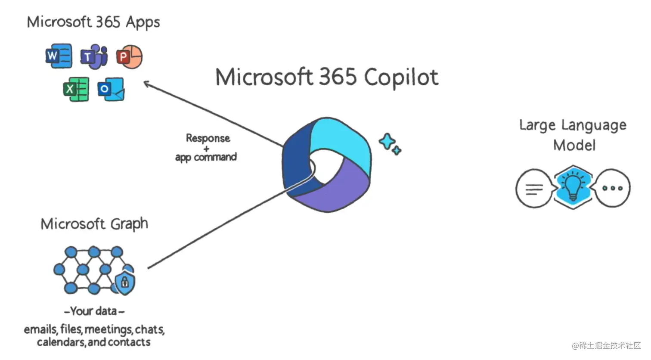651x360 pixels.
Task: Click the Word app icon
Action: coord(59,56)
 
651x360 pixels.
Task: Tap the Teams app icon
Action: coord(94,56)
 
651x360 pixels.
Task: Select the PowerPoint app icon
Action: coord(129,56)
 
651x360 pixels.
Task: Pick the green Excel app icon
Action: coord(76,89)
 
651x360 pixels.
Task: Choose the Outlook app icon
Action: coord(111,89)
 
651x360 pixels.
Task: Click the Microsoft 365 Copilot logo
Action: coord(326,164)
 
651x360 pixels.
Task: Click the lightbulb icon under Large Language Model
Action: coord(573,186)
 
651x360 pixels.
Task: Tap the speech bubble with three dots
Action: coord(612,188)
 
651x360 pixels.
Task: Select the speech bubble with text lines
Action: coord(534,188)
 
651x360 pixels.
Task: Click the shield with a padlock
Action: coord(125,282)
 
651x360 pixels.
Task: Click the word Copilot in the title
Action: coord(401,78)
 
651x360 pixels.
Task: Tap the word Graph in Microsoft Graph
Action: coord(129,224)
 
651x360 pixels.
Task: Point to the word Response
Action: coord(208,138)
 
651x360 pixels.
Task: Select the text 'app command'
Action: coord(206,157)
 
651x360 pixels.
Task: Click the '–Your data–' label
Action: coord(94,311)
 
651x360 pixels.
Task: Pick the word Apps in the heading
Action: coord(143,22)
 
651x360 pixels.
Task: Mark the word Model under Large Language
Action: coord(574,145)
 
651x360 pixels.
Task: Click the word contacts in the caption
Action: coord(129,342)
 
